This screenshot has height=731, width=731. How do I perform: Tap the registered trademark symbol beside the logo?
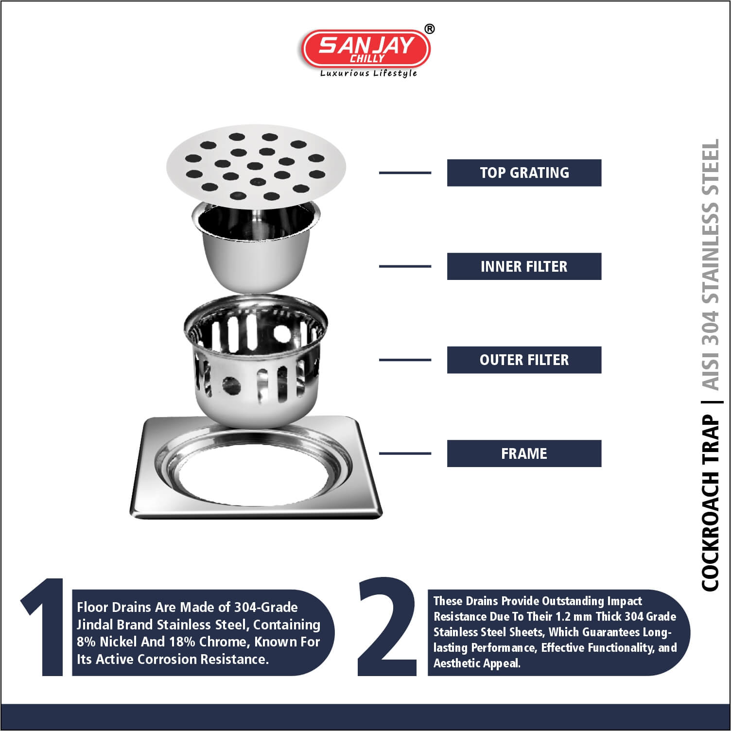(x=430, y=30)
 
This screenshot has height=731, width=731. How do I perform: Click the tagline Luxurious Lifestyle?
(x=368, y=73)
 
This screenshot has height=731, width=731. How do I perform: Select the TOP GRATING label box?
(x=524, y=173)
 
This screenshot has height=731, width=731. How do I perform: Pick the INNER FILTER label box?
(x=524, y=266)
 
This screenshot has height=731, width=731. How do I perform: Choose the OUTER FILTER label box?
(x=524, y=360)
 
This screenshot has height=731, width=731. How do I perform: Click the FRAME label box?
(x=524, y=453)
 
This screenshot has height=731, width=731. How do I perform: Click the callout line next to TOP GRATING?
(x=405, y=173)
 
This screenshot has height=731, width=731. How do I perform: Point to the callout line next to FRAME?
(x=405, y=453)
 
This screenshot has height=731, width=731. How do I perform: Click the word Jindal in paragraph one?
(x=97, y=625)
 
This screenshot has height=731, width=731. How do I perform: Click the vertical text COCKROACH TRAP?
(x=710, y=503)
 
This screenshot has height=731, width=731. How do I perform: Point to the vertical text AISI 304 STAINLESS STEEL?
(x=710, y=265)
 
